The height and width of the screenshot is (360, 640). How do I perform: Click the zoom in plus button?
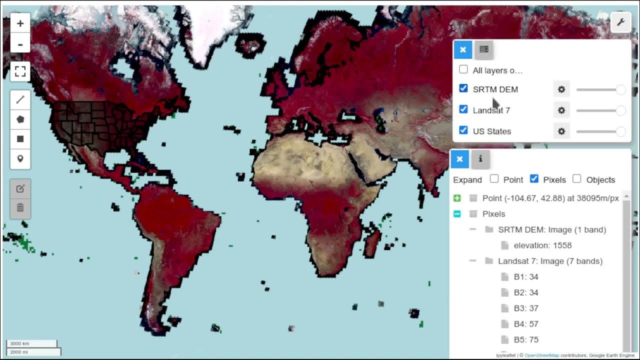(20, 23)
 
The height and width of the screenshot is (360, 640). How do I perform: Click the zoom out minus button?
(20, 44)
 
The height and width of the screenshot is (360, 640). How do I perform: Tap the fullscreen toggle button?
(20, 71)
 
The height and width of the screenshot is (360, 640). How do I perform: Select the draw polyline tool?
(20, 100)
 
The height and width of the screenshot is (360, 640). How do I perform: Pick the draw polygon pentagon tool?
(20, 119)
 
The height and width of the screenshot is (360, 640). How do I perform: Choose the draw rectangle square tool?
(20, 139)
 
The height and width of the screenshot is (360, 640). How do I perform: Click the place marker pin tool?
(20, 158)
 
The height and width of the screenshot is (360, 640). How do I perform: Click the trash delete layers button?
(20, 207)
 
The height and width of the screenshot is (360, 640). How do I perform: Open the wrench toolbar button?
(620, 22)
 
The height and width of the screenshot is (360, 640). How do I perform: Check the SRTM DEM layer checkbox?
(463, 88)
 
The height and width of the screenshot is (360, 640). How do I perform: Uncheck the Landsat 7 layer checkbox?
(463, 109)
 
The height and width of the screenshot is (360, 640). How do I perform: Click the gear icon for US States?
(561, 131)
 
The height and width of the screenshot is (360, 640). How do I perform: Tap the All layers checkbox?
(463, 69)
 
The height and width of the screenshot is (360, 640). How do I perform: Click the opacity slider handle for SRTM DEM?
(620, 89)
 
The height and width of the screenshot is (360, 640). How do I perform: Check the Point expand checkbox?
(494, 179)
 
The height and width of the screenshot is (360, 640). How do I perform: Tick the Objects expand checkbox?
(577, 179)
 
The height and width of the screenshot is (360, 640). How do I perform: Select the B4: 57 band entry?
(526, 324)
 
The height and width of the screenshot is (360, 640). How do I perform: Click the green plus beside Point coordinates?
(457, 198)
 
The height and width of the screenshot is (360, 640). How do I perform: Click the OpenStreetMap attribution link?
(541, 355)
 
